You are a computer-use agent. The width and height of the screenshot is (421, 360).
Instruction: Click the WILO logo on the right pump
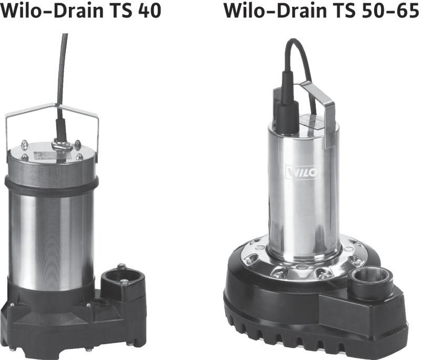point(303,172)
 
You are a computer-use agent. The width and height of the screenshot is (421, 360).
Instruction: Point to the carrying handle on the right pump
point(319,113)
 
